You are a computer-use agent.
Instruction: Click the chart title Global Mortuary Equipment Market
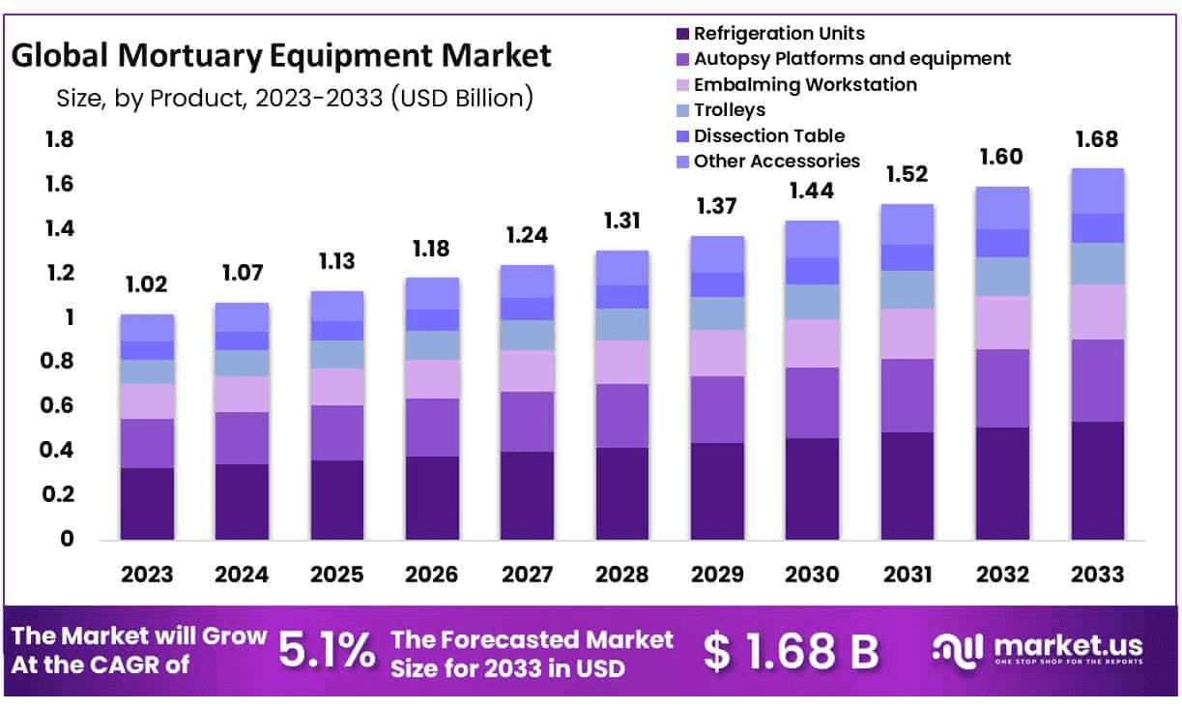pyautogui.click(x=281, y=55)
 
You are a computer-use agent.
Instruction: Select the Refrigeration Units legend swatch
pyautogui.click(x=682, y=34)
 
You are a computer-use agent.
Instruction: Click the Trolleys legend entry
pyautogui.click(x=729, y=110)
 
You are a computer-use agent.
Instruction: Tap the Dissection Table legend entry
pyautogui.click(x=768, y=135)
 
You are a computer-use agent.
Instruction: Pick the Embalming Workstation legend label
pyautogui.click(x=805, y=84)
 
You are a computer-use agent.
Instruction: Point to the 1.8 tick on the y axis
pyautogui.click(x=60, y=140)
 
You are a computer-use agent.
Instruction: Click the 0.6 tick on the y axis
pyautogui.click(x=60, y=406)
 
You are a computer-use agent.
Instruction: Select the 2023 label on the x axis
pyautogui.click(x=147, y=575)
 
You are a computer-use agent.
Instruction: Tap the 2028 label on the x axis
pyautogui.click(x=622, y=575)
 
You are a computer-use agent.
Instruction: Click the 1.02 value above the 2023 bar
pyautogui.click(x=147, y=285)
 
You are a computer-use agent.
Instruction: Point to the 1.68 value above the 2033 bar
pyautogui.click(x=1097, y=139)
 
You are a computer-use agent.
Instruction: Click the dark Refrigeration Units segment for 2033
pyautogui.click(x=1097, y=480)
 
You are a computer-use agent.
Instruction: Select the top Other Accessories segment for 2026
pyautogui.click(x=432, y=293)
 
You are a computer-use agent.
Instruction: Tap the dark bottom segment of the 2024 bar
pyautogui.click(x=242, y=501)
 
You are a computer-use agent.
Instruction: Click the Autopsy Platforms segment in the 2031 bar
pyautogui.click(x=907, y=396)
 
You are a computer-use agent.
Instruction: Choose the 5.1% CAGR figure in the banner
pyautogui.click(x=327, y=651)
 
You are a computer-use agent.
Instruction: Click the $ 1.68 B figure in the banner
pyautogui.click(x=791, y=652)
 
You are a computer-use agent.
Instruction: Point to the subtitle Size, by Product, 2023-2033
pyautogui.click(x=281, y=99)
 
